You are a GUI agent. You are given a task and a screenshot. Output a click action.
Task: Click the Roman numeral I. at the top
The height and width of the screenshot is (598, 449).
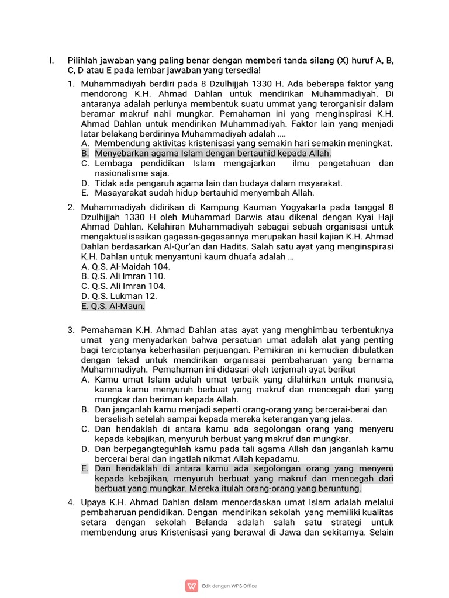tap(51, 61)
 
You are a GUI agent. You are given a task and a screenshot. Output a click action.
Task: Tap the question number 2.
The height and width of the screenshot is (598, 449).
tap(71, 207)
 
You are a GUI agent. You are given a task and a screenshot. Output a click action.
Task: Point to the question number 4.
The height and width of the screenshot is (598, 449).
tap(71, 502)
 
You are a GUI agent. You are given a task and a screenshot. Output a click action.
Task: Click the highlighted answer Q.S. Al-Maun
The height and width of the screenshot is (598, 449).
tap(113, 306)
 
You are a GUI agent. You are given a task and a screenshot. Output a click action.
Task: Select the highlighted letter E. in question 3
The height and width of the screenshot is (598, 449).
tap(85, 468)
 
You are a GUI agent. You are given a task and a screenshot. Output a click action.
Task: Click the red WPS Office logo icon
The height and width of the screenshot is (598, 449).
tap(191, 586)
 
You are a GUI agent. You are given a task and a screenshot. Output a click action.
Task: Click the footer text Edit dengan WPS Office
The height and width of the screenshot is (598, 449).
tap(229, 586)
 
